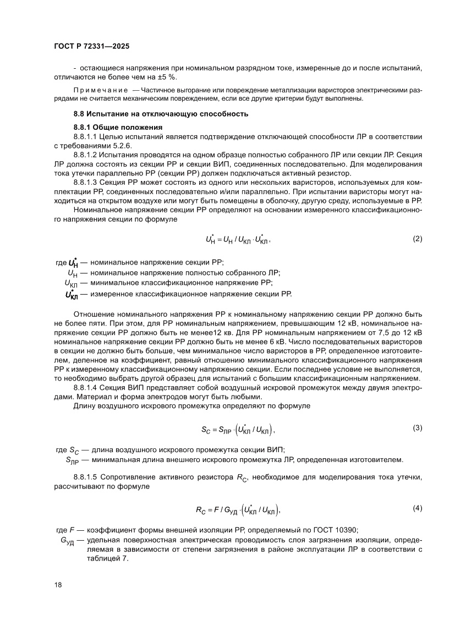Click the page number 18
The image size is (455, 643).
pos(58,585)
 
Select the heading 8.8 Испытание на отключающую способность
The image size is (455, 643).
pos(161,114)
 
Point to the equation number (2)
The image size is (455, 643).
pos(417,239)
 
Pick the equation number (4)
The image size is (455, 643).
pos(417,508)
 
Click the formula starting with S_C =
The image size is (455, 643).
pos(235,430)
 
